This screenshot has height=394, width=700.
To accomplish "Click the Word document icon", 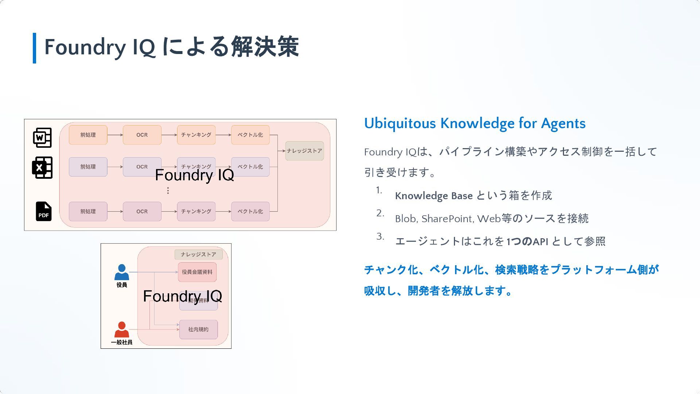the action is pyautogui.click(x=42, y=138).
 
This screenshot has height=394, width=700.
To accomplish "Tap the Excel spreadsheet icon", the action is pyautogui.click(x=42, y=167).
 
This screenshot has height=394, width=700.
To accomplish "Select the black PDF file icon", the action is pyautogui.click(x=43, y=211).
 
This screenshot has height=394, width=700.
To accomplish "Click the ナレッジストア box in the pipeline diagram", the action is pyautogui.click(x=304, y=151).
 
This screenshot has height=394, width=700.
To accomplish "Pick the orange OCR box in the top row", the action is pyautogui.click(x=142, y=135).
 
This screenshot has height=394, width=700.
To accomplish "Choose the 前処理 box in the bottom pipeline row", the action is pyautogui.click(x=88, y=211).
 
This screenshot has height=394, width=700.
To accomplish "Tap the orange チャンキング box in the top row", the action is pyautogui.click(x=196, y=135).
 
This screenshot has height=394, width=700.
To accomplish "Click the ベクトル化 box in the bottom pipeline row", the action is pyautogui.click(x=250, y=211).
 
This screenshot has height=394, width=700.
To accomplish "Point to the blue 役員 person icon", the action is pyautogui.click(x=122, y=272).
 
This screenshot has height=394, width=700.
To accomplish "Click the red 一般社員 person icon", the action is pyautogui.click(x=122, y=329).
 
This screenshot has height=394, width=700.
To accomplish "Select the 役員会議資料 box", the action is pyautogui.click(x=197, y=272).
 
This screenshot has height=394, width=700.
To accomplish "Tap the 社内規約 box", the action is pyautogui.click(x=198, y=329).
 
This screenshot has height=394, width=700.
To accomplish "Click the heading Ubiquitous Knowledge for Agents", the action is pyautogui.click(x=475, y=123).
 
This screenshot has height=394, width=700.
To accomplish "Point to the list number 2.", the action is pyautogui.click(x=380, y=213).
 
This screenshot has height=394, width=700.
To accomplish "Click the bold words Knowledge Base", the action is pyautogui.click(x=433, y=196).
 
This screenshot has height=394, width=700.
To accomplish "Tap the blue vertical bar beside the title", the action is pyautogui.click(x=34, y=48).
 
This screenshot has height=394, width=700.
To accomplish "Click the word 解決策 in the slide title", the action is pyautogui.click(x=265, y=47).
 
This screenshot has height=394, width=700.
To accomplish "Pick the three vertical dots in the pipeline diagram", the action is pyautogui.click(x=168, y=190).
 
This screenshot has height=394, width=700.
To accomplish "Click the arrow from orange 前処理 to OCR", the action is pyautogui.click(x=115, y=135).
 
